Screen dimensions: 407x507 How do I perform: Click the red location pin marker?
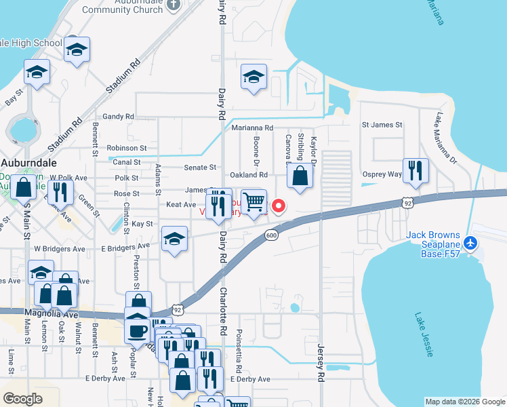[x=277, y=205]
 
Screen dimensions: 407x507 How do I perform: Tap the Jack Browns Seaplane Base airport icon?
[x=473, y=242]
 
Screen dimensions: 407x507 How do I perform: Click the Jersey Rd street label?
[x=321, y=362]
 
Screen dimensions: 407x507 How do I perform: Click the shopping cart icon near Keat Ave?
[x=254, y=202]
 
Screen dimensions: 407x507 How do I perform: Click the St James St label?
[x=382, y=125]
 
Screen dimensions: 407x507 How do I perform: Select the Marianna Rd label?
[x=252, y=128]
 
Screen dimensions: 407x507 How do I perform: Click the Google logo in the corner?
[x=23, y=399]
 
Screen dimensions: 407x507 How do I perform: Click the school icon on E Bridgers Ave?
[x=175, y=239]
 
